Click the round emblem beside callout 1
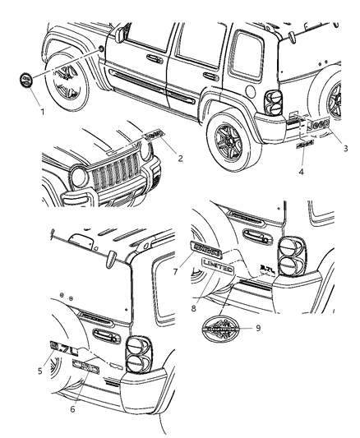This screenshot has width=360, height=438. (x=26, y=82)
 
